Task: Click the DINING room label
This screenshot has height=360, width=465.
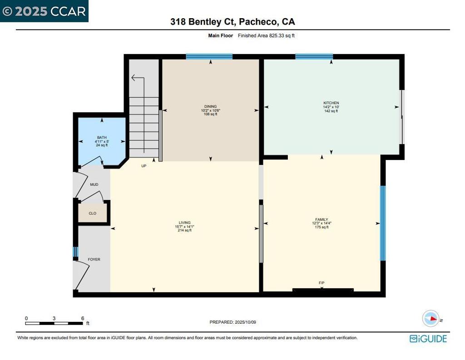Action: point(210,106)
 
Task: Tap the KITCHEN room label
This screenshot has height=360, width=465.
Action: point(331,103)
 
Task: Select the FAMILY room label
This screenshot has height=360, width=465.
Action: point(322,219)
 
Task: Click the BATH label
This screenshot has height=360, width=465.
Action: point(101,137)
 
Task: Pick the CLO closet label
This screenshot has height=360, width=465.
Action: point(92,213)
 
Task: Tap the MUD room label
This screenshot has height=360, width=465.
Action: point(94,185)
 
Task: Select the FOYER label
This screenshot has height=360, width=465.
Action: point(94,260)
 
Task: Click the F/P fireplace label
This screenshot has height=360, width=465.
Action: point(322,283)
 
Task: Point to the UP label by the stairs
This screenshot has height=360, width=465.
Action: point(143,166)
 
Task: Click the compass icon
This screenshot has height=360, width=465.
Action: point(430,319)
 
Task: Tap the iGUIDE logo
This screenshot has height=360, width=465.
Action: point(428,339)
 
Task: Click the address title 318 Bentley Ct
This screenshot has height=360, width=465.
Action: point(232,21)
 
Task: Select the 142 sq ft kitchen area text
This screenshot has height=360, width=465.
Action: point(331,111)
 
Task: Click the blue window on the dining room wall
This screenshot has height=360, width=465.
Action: point(209,57)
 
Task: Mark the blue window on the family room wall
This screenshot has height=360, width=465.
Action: point(383,223)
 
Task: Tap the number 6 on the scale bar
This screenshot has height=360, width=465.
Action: point(82,318)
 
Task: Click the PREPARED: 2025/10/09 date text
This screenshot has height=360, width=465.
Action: point(236,322)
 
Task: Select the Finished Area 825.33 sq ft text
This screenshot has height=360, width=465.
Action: point(266,35)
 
